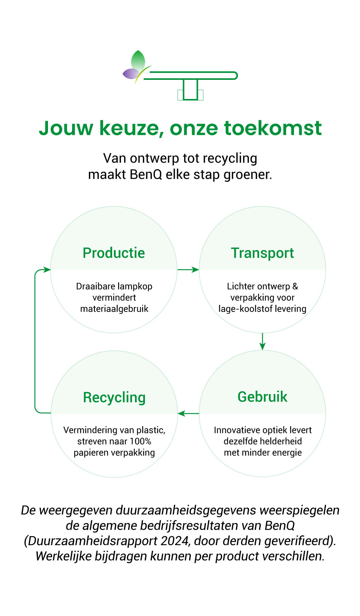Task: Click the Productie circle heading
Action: pyautogui.click(x=114, y=253)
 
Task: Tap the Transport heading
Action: pyautogui.click(x=262, y=253)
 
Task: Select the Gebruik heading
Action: pyautogui.click(x=262, y=397)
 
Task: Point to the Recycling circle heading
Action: pyautogui.click(x=114, y=398)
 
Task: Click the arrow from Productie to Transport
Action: pyautogui.click(x=188, y=270)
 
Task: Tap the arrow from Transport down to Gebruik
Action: pyautogui.click(x=262, y=342)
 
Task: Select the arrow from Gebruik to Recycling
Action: pyautogui.click(x=188, y=413)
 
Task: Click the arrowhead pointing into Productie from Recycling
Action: pyautogui.click(x=47, y=270)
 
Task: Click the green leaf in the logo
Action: pyautogui.click(x=138, y=60)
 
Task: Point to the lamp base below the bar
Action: pyautogui.click(x=190, y=90)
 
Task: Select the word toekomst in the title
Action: pyautogui.click(x=273, y=128)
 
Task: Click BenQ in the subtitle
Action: pyautogui.click(x=145, y=174)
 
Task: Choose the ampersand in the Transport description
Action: pyautogui.click(x=295, y=286)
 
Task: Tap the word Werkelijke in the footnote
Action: pyautogui.click(x=63, y=556)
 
